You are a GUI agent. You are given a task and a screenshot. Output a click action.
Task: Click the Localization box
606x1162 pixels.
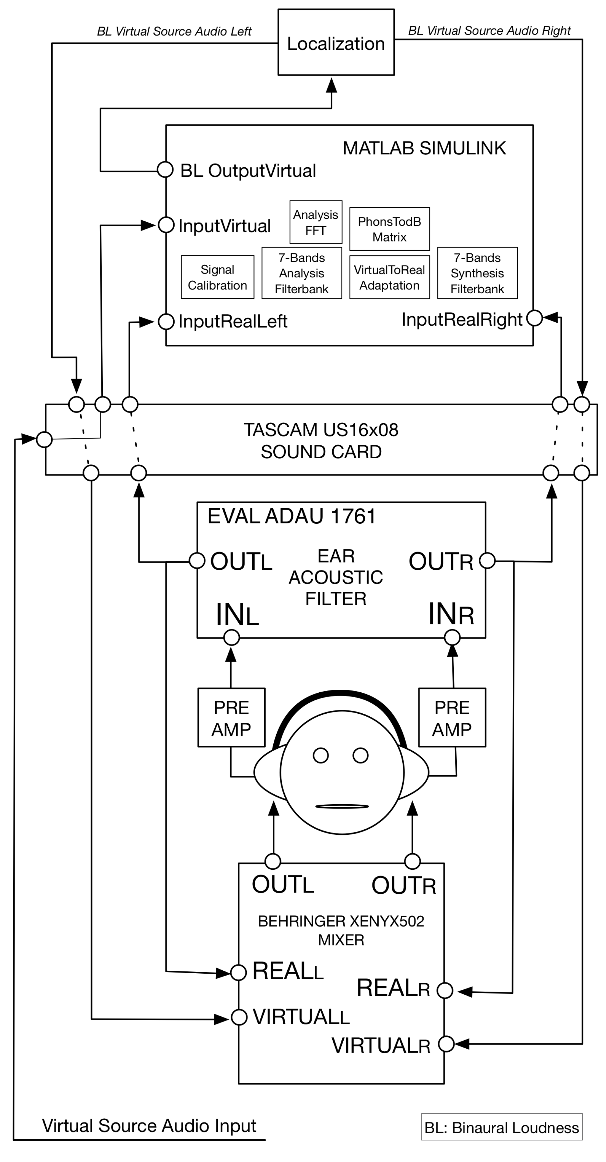(x=336, y=42)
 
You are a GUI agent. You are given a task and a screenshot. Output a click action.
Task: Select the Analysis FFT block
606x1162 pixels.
(x=315, y=222)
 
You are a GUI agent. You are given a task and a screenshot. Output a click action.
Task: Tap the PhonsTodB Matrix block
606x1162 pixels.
(x=389, y=229)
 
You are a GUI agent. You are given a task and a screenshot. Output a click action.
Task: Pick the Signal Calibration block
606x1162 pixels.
(x=217, y=277)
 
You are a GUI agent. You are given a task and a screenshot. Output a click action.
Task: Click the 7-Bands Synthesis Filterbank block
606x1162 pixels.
(x=477, y=273)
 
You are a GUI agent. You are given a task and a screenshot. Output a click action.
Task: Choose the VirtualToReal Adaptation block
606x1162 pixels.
(x=389, y=277)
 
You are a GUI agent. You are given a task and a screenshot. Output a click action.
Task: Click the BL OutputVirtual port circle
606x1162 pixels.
(x=165, y=170)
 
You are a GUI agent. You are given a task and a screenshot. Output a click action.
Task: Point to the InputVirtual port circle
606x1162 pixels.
(x=166, y=225)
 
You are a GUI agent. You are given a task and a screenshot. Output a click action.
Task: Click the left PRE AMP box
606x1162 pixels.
(x=231, y=718)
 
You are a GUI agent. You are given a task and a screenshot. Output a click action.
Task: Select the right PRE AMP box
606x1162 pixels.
(x=452, y=718)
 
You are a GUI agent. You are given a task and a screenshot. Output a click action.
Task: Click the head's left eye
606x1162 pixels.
(x=320, y=755)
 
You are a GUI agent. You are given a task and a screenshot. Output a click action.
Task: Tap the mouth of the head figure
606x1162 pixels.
(x=342, y=806)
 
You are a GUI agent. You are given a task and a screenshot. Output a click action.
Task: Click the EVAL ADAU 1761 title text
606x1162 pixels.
(x=291, y=516)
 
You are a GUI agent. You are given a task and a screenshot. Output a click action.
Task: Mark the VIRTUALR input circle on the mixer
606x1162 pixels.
(x=446, y=1044)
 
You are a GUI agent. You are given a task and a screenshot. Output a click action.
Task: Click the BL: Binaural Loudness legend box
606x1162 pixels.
(x=501, y=1127)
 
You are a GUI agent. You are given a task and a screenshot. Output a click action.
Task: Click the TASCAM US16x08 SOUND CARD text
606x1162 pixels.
(x=321, y=441)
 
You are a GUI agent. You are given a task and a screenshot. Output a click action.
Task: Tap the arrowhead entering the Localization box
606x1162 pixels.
(x=332, y=85)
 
